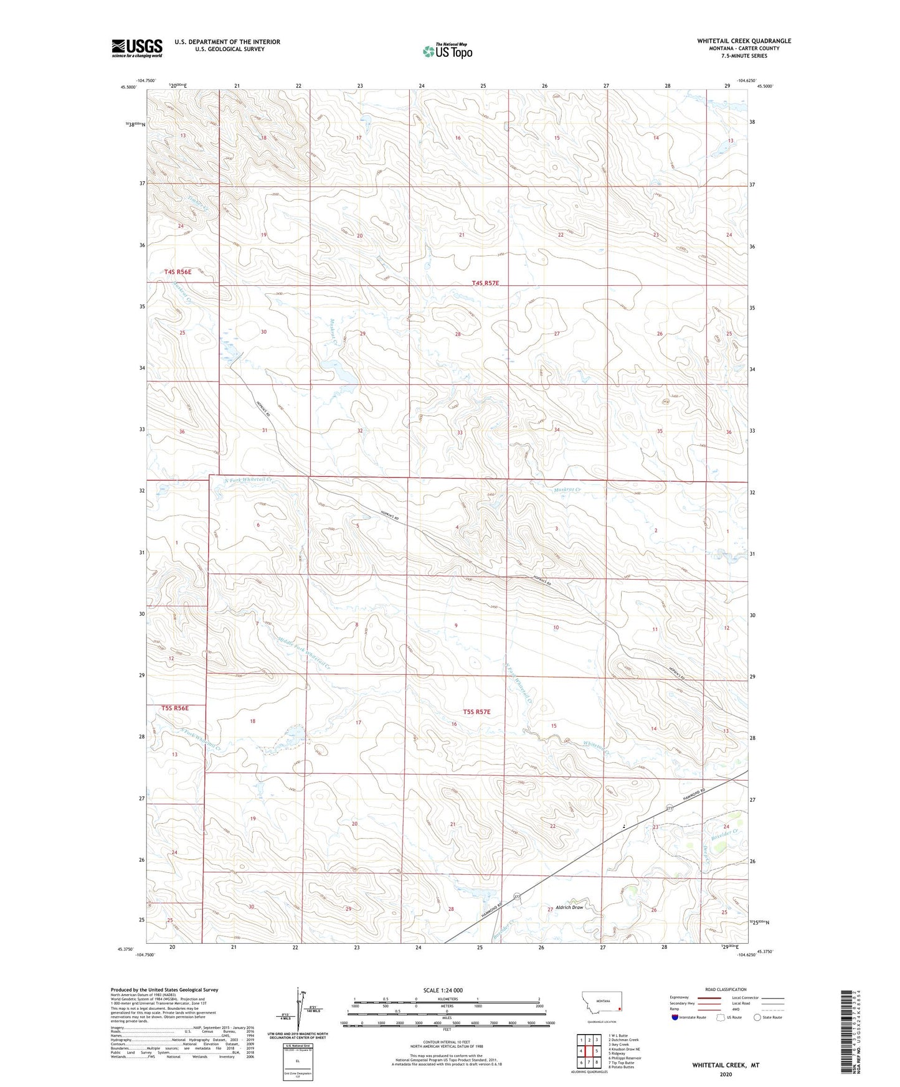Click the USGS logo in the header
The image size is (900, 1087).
coord(136,48)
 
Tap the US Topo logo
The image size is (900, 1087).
coord(447,51)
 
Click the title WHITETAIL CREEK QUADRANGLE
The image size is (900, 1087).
coord(744,41)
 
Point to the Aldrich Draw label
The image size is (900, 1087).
coord(569,907)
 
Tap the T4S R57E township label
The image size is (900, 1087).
coord(485,283)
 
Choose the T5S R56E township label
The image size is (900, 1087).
coord(175,708)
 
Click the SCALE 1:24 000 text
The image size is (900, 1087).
coord(442,990)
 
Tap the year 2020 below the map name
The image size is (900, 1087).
coord(725,1074)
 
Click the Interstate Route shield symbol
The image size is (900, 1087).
coord(676,1017)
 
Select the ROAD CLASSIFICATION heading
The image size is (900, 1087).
coord(725,989)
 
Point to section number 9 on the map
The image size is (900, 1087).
coord(456,625)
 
